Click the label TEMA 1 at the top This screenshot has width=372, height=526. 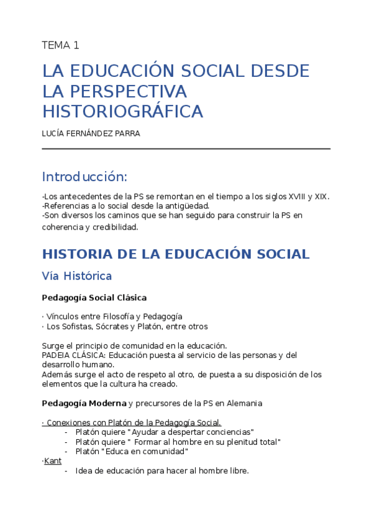(60, 45)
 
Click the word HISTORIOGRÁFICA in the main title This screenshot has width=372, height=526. (122, 112)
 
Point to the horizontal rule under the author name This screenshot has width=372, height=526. (186, 149)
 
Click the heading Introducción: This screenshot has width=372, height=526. (84, 177)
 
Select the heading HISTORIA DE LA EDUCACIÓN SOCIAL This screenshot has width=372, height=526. (175, 254)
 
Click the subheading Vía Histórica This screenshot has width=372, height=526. (76, 275)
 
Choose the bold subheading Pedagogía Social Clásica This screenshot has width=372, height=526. (94, 298)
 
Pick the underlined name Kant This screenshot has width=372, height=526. (53, 461)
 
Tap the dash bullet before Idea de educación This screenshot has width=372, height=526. (66, 471)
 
